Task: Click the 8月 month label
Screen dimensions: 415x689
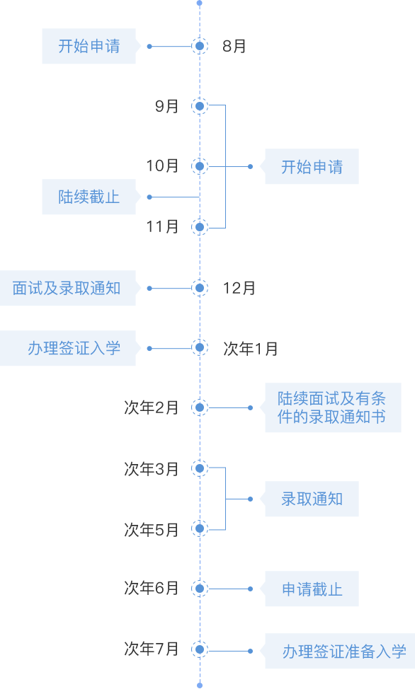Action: (x=234, y=46)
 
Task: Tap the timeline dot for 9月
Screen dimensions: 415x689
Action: (x=200, y=106)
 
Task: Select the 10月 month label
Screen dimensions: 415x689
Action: (x=162, y=166)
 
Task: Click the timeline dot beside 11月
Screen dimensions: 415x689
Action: (x=200, y=227)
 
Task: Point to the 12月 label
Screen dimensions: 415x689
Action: (x=239, y=288)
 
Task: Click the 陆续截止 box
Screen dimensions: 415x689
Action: (x=89, y=197)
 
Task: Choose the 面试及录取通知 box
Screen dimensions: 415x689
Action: (x=68, y=288)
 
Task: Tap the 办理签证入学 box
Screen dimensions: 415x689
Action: (x=68, y=348)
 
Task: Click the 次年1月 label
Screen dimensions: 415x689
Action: (x=251, y=349)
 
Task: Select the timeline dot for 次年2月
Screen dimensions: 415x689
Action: (x=200, y=407)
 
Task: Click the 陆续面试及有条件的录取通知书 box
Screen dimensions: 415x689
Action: (x=333, y=407)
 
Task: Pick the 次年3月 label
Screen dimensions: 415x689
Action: (x=152, y=469)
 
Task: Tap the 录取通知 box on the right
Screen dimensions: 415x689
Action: (x=312, y=499)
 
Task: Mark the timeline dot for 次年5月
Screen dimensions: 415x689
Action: (x=200, y=528)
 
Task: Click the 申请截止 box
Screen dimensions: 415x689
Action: (x=312, y=589)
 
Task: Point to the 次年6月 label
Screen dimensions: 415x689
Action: (x=152, y=588)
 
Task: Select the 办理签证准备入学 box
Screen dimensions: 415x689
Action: (x=340, y=652)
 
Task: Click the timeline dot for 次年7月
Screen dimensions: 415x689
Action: (x=200, y=649)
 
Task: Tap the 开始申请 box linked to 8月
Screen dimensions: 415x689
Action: (x=89, y=46)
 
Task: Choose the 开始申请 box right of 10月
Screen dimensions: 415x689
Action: (x=312, y=166)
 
